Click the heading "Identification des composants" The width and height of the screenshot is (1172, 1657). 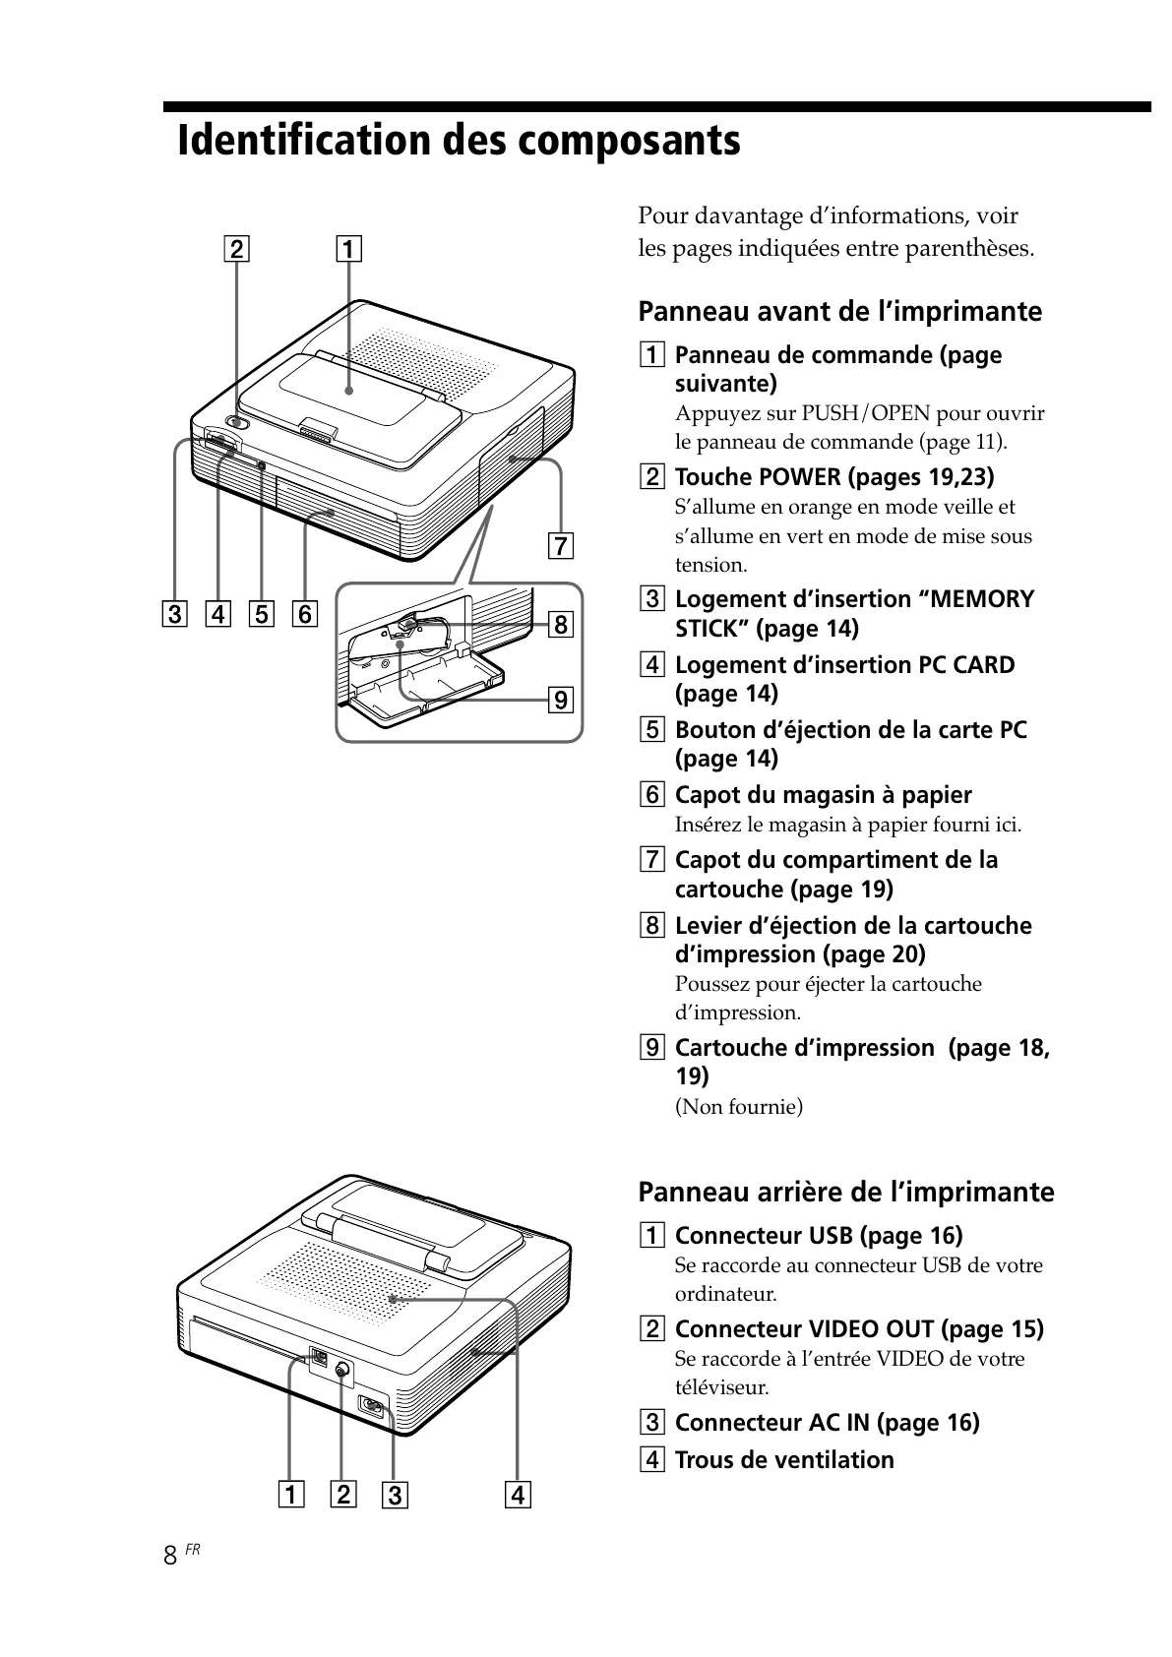click(x=459, y=141)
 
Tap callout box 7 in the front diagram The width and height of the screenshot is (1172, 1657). click(x=559, y=545)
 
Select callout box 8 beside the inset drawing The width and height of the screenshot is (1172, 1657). click(x=559, y=624)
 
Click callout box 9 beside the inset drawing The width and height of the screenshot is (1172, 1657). click(x=559, y=700)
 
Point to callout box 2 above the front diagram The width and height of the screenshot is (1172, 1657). click(x=237, y=248)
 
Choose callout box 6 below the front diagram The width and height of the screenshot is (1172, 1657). click(x=304, y=615)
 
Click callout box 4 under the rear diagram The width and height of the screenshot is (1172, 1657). click(x=517, y=1496)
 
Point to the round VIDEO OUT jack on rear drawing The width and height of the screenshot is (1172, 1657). click(x=341, y=1371)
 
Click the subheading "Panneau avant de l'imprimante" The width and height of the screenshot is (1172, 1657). click(x=839, y=312)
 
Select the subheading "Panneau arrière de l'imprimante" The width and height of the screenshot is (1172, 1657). click(x=845, y=1193)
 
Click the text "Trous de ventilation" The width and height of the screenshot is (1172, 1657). click(x=784, y=1460)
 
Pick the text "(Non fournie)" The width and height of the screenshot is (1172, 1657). click(x=738, y=1107)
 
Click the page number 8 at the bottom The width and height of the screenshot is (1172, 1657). click(x=170, y=1555)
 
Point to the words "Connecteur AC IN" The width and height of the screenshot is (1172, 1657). click(x=772, y=1423)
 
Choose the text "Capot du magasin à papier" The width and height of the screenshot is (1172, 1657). click(x=823, y=795)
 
